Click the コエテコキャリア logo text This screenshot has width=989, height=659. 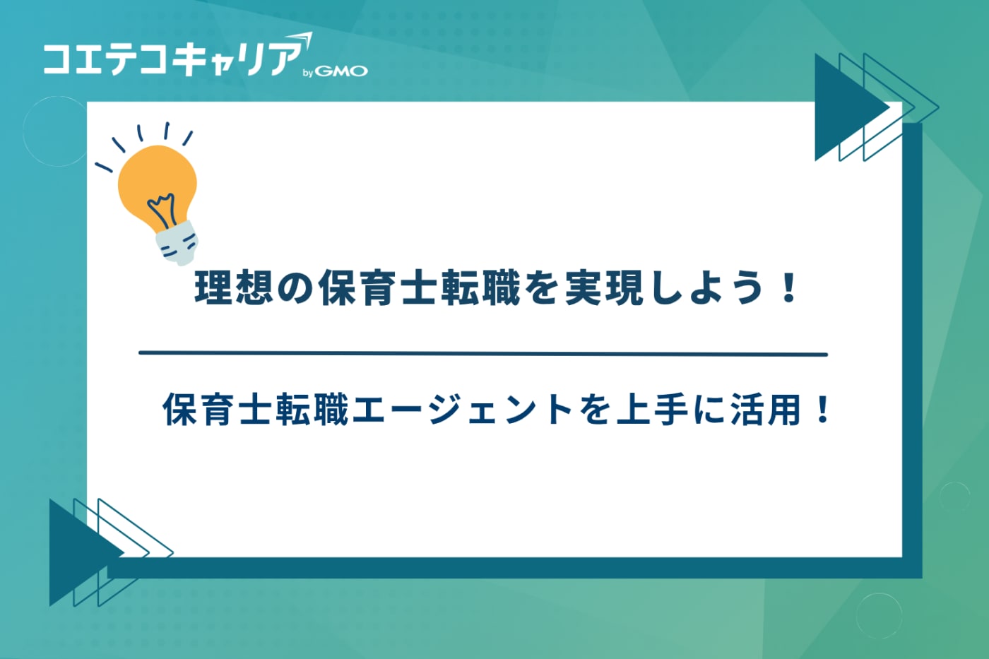pos(173,58)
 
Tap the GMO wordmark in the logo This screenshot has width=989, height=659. pos(341,71)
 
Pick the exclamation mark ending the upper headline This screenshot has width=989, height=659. pos(790,288)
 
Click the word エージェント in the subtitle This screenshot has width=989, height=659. pos(462,410)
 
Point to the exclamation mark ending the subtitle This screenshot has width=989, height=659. pos(822,410)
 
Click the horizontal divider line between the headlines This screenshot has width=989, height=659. pos(483,353)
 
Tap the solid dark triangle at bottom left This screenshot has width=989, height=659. pos(75,552)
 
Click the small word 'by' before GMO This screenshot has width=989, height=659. pos(307,73)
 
